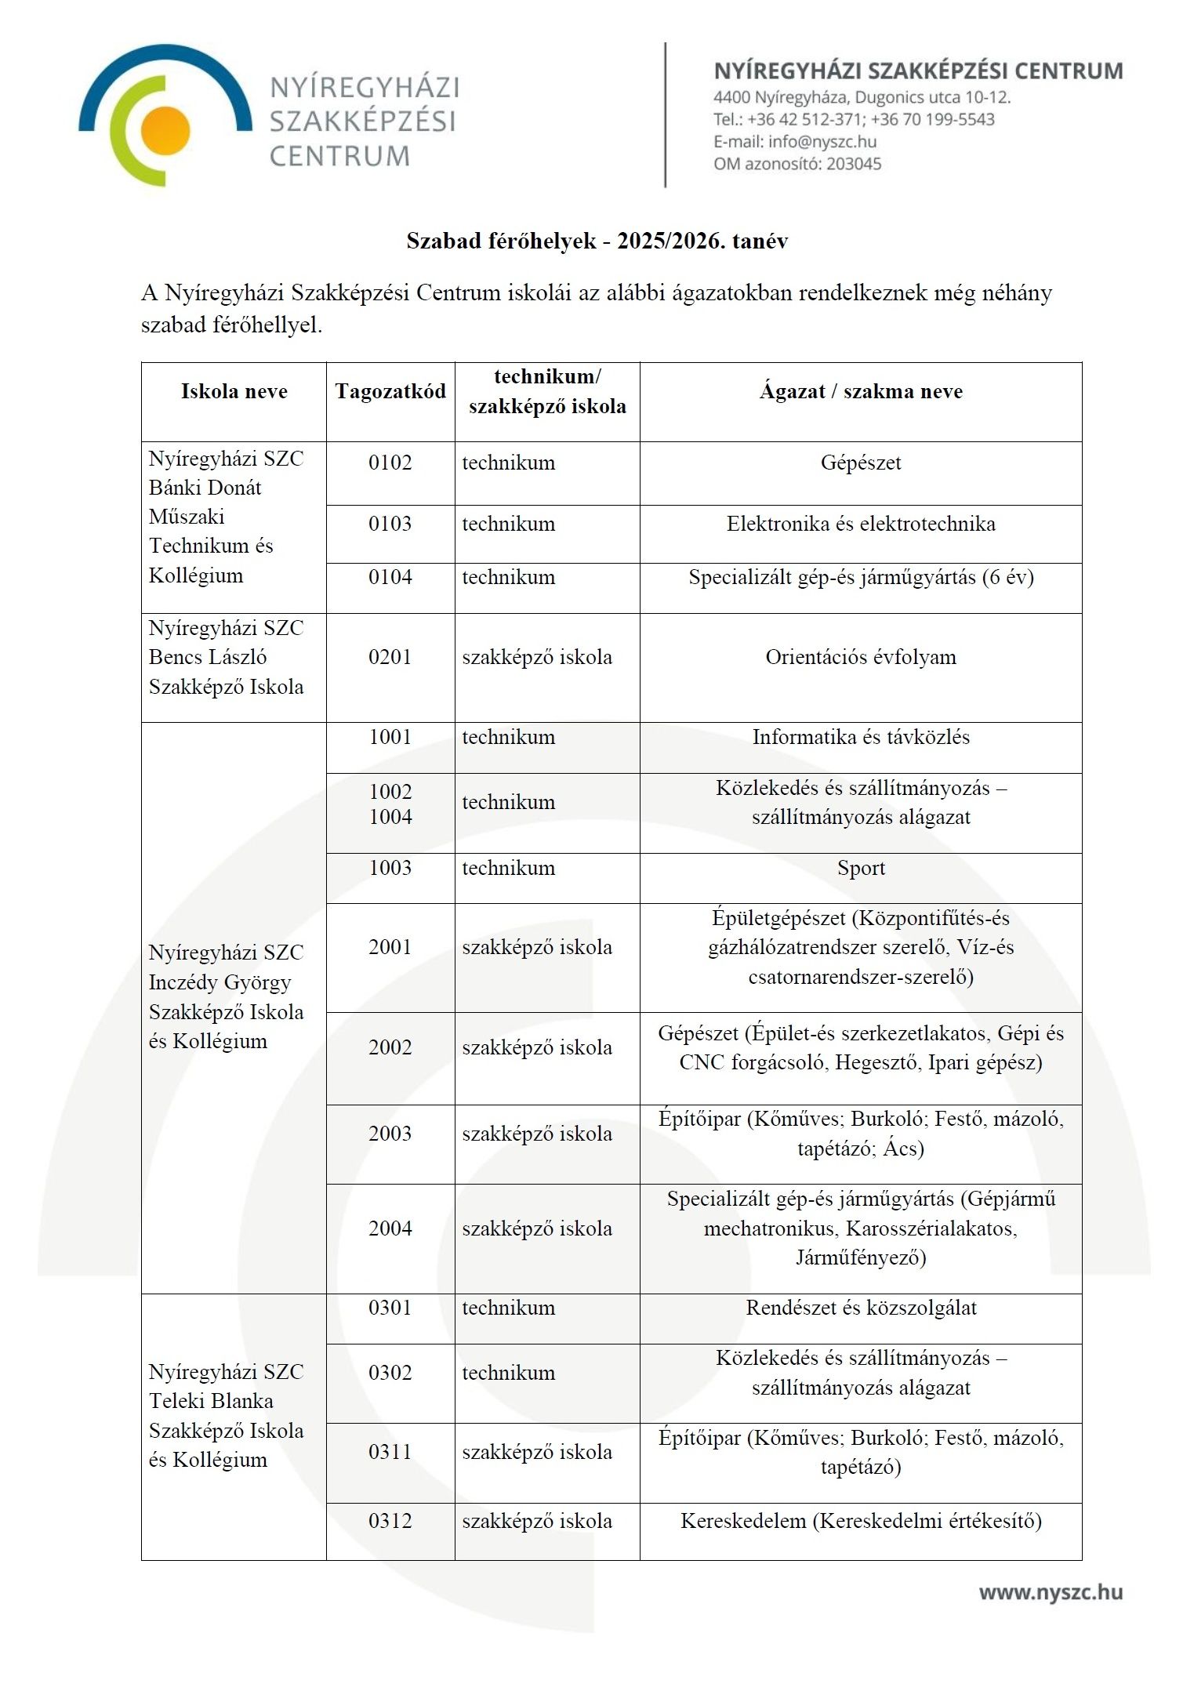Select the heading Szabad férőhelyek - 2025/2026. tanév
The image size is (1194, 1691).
click(x=597, y=241)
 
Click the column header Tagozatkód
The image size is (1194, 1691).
click(x=390, y=391)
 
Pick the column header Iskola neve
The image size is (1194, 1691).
click(x=234, y=391)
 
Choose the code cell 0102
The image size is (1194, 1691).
click(x=390, y=463)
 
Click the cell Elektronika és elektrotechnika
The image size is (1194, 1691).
click(x=861, y=524)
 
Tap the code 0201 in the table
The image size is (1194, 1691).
click(x=390, y=657)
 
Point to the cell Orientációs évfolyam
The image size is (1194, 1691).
click(x=861, y=657)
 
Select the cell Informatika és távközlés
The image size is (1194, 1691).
click(x=861, y=737)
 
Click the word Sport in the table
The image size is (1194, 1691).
click(x=861, y=868)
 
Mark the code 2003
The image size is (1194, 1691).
click(x=390, y=1134)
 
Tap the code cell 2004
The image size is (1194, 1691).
click(x=390, y=1228)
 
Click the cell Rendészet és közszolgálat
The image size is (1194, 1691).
click(x=861, y=1308)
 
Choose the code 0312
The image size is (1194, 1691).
click(x=390, y=1521)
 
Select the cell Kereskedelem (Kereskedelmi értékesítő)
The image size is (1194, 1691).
click(x=861, y=1521)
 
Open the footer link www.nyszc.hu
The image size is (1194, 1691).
click(x=1051, y=1592)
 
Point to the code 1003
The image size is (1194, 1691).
click(x=390, y=868)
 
